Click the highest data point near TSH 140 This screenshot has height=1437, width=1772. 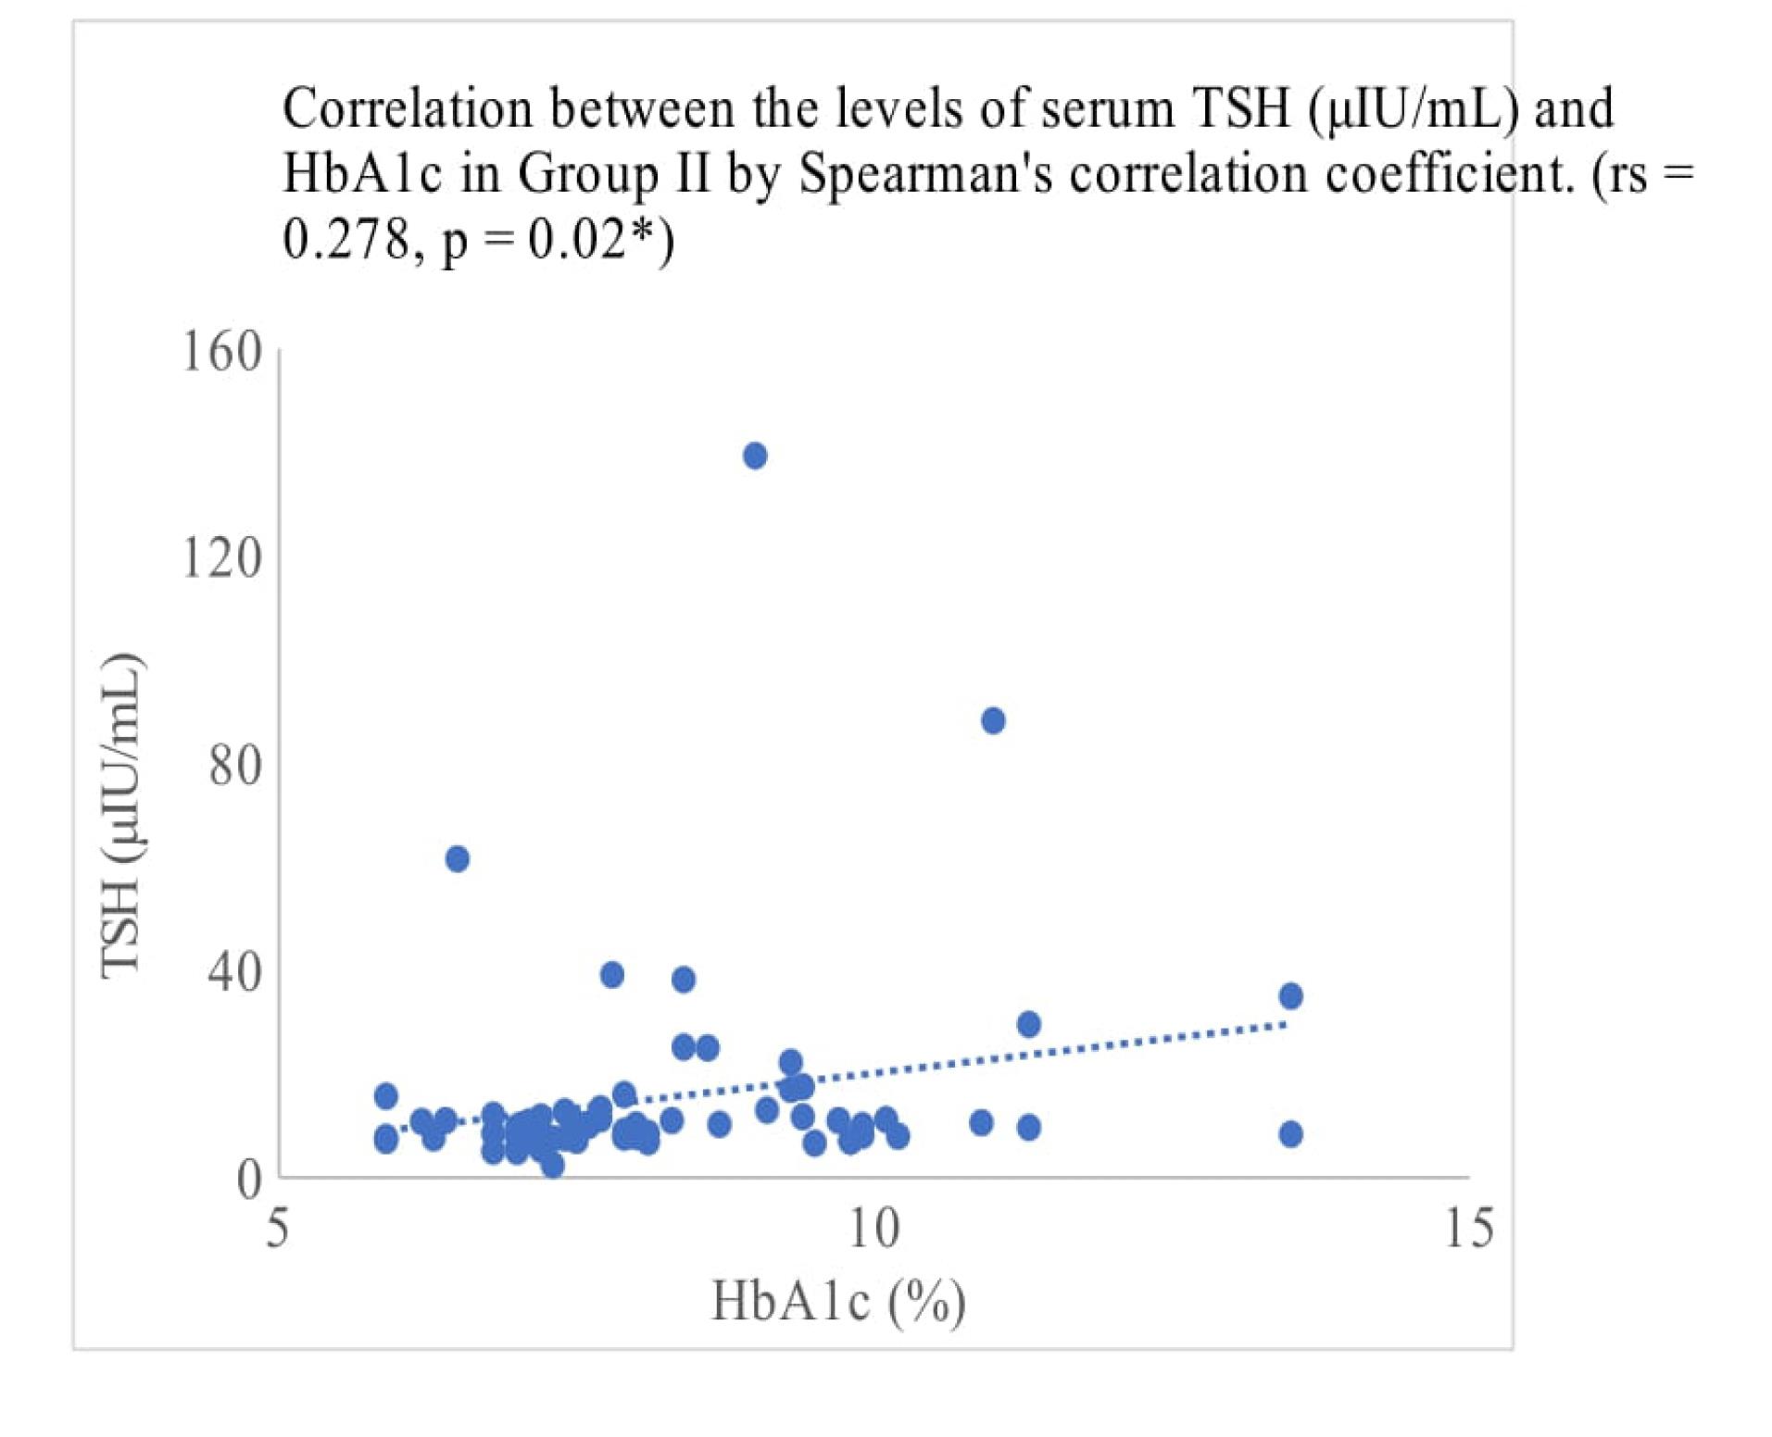click(755, 456)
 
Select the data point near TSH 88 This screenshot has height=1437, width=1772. click(993, 720)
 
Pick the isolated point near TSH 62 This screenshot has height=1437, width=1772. click(458, 859)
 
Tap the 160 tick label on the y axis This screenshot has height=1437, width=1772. click(222, 353)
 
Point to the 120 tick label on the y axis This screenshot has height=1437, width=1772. click(222, 558)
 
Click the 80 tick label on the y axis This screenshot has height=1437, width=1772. click(235, 766)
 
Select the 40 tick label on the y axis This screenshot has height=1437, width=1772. click(235, 972)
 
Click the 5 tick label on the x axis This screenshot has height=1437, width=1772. click(278, 1229)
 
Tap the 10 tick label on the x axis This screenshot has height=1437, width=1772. click(873, 1229)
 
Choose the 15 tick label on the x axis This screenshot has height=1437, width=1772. click(1469, 1229)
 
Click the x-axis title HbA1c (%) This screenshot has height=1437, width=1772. click(838, 1301)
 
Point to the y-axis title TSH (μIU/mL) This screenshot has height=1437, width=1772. click(121, 815)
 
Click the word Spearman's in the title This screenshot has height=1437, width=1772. click(925, 174)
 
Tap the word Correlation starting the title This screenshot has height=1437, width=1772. click(408, 109)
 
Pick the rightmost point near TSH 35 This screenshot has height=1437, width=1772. click(1290, 996)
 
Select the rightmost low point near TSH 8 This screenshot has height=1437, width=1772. click(1290, 1134)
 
